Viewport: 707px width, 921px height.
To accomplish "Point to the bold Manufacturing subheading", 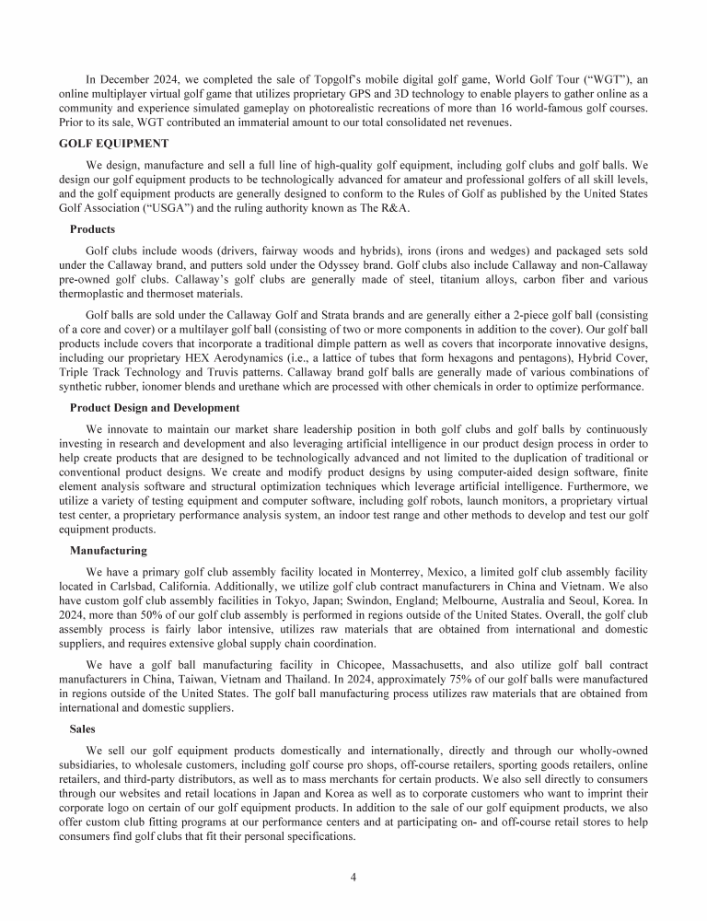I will click(108, 550).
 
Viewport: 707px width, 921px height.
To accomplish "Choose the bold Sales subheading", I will click(82, 728).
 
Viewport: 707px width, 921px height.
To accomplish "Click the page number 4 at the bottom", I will click(353, 876).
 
